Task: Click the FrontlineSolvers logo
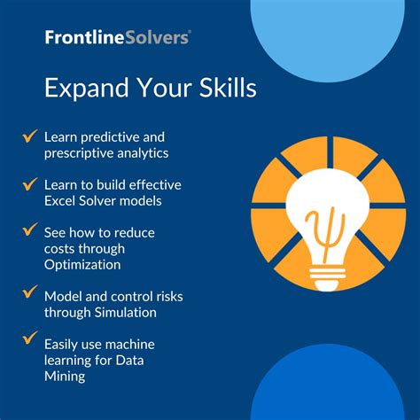click(118, 36)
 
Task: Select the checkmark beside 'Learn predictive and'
click(28, 136)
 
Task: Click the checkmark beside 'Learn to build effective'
click(28, 183)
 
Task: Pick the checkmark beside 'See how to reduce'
click(28, 231)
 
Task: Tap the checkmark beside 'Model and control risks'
click(28, 293)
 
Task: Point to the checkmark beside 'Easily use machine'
click(28, 340)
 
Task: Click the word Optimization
click(84, 264)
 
